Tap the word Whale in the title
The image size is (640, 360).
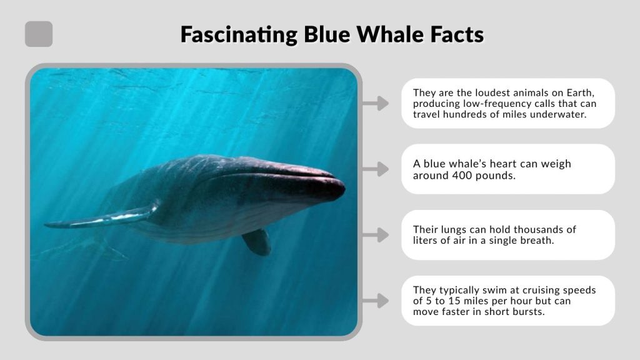pos(391,34)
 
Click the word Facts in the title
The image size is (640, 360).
pos(457,34)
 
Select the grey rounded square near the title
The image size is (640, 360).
pos(39,34)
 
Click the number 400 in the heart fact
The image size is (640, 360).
pos(462,175)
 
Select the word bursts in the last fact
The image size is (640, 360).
pos(529,312)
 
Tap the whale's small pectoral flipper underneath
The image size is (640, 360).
pos(257,242)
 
